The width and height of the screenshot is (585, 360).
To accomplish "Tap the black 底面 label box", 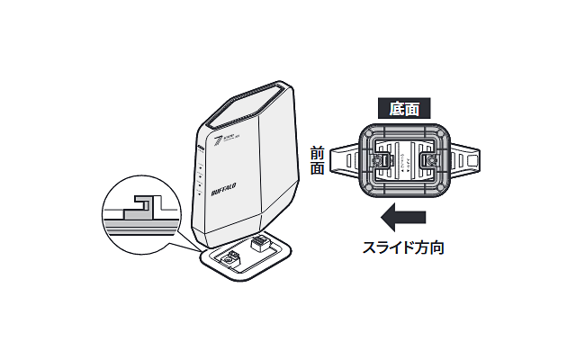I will pos(404,109).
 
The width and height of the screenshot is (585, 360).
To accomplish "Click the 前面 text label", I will pos(317,161).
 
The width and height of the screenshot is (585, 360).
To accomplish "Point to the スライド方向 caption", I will pos(404,246).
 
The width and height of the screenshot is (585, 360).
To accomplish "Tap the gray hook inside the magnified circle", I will pos(137,208).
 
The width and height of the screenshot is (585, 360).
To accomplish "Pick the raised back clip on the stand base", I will pos(260,241).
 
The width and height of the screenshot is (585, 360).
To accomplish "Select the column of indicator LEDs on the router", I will pos(199,180).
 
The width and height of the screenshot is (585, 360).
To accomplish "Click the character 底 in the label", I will pos(397,109).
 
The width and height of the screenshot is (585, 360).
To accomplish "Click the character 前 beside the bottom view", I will pos(317,154).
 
